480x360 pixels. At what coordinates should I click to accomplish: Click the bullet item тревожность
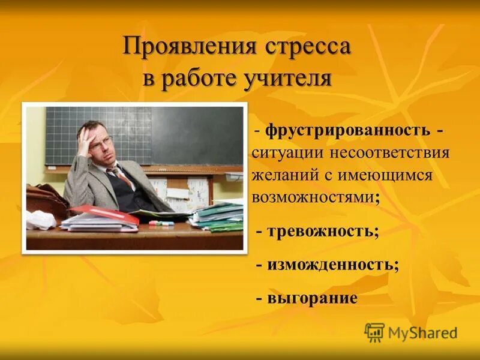[322, 232]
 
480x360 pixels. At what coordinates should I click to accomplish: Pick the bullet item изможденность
[331, 265]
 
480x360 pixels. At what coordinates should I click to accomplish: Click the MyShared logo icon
[374, 332]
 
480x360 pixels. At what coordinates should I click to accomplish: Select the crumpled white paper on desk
[41, 220]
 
